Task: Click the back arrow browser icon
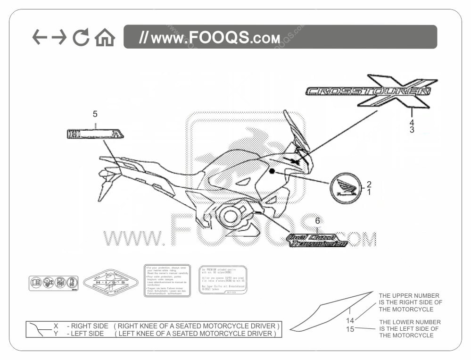tap(40, 37)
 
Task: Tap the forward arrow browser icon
tap(59, 37)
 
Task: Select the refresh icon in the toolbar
tap(81, 37)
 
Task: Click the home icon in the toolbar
tap(105, 38)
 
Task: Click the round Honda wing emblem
tap(346, 188)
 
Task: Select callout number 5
tap(95, 114)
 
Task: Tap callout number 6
tap(318, 221)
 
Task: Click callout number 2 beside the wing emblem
tap(369, 184)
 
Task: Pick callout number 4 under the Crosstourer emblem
tap(412, 122)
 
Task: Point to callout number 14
tap(350, 321)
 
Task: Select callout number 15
tap(350, 329)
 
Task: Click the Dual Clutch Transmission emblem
tap(317, 241)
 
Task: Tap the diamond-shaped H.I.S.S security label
tap(111, 283)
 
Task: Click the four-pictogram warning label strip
tap(53, 283)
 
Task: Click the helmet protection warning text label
tap(167, 280)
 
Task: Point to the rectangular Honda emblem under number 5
tap(95, 134)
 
